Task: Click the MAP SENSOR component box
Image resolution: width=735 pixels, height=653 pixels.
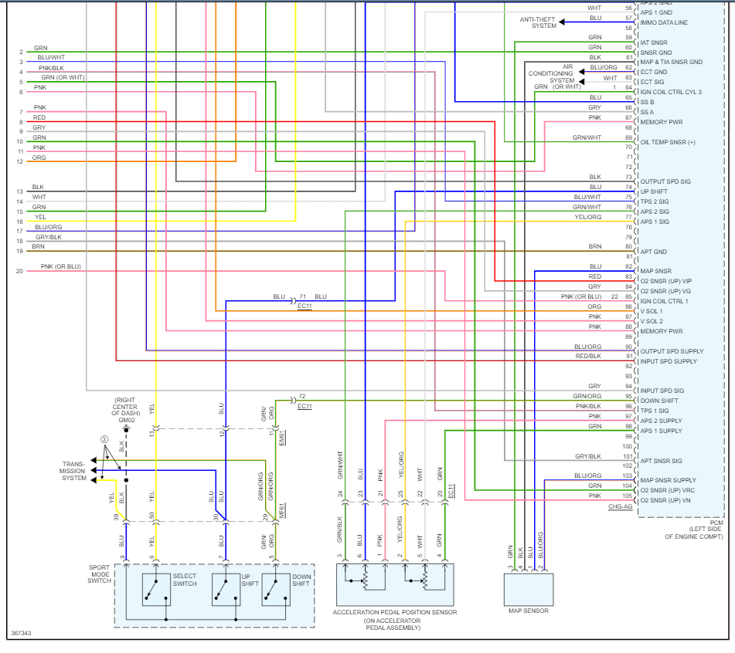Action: click(x=529, y=589)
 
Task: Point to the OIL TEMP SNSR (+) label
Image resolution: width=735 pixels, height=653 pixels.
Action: click(x=668, y=142)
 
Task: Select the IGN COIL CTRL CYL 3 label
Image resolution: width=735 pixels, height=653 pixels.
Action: click(x=671, y=92)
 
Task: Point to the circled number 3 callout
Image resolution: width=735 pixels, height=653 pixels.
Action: click(x=104, y=439)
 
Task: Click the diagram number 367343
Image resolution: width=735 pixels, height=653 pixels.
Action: click(x=21, y=634)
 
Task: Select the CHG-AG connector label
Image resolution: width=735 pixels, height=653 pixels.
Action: click(x=620, y=506)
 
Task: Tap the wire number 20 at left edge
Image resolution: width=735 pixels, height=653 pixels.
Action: click(x=19, y=271)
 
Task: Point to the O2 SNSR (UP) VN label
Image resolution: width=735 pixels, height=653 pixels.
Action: click(x=672, y=501)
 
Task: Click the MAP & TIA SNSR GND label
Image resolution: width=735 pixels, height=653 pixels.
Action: click(x=671, y=62)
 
